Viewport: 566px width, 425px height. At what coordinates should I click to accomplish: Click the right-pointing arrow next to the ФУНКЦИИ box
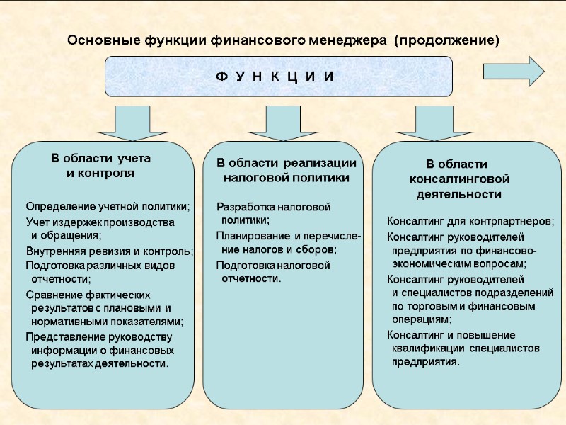click(x=514, y=71)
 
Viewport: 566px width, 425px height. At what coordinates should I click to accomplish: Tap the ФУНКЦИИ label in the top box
click(x=275, y=76)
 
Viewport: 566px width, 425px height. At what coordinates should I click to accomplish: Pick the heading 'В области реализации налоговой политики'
click(x=286, y=171)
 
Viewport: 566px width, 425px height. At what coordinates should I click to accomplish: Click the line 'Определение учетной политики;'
click(x=108, y=207)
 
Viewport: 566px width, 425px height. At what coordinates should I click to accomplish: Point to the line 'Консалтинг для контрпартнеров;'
click(x=470, y=222)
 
